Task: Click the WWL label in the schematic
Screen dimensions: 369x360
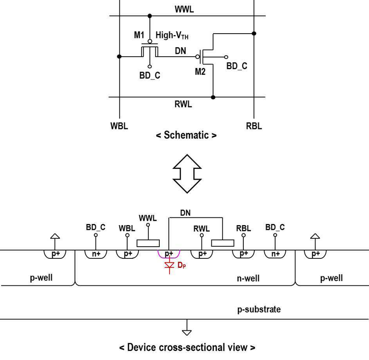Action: point(184,9)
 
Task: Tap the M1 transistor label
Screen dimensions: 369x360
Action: point(139,35)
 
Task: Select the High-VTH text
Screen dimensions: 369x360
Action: point(172,35)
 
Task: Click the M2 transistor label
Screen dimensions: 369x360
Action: point(200,72)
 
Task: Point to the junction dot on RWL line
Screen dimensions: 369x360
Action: point(213,97)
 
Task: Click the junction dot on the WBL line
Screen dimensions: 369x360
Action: point(119,56)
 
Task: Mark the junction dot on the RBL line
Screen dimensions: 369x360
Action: point(254,33)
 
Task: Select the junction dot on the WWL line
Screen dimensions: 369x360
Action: point(149,16)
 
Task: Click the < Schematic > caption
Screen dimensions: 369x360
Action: point(186,135)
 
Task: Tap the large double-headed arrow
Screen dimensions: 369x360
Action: point(187,174)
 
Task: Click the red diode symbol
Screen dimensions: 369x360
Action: point(169,265)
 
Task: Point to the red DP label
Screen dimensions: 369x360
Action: point(182,265)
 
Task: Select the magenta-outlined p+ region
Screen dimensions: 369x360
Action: point(169,257)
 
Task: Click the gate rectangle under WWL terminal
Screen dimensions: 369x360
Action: point(148,243)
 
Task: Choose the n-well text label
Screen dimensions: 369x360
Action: point(248,278)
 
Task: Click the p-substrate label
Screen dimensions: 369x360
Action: point(259,309)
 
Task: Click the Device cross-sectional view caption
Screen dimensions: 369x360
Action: point(187,347)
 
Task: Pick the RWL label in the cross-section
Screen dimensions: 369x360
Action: point(202,229)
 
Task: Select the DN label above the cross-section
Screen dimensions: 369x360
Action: point(185,213)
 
